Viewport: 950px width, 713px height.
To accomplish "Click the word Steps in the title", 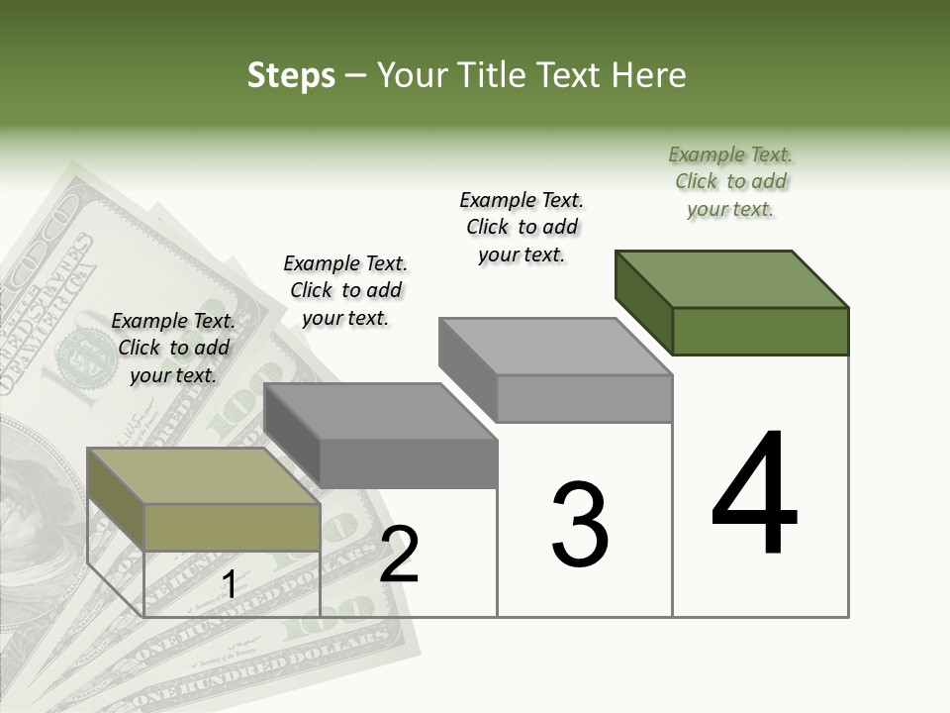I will click(291, 76).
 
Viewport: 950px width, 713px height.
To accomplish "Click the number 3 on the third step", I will click(580, 525).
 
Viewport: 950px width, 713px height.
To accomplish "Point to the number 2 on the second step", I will click(400, 555).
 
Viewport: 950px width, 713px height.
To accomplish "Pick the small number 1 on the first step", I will click(229, 585).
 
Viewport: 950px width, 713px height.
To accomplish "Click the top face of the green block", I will click(732, 279).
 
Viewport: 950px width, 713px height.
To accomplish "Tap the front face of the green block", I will click(760, 331).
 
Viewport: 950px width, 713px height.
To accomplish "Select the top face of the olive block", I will click(204, 476).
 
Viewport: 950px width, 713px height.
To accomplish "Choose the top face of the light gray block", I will click(555, 347).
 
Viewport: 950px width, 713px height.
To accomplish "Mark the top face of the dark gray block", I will click(381, 412).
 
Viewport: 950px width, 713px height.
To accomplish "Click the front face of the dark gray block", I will click(408, 463).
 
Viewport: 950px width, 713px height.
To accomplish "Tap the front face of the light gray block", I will click(584, 398).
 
